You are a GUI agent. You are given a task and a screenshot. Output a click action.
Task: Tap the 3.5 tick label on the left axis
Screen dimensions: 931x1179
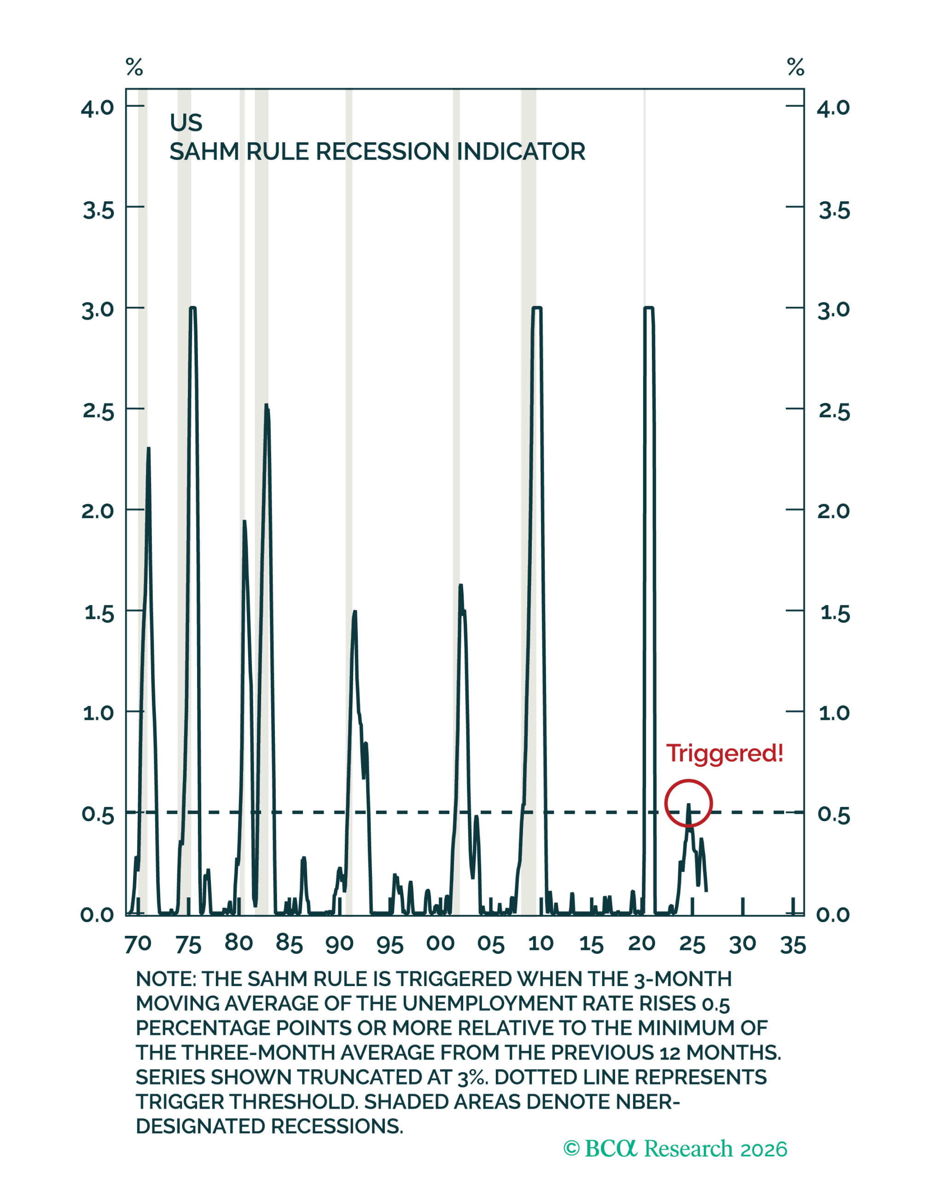click(99, 210)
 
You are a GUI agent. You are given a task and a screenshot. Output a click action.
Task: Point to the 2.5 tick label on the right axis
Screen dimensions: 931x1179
click(834, 412)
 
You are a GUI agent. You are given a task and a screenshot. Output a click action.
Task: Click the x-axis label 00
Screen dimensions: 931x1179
click(441, 944)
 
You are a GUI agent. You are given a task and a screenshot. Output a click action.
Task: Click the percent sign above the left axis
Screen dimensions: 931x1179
click(134, 67)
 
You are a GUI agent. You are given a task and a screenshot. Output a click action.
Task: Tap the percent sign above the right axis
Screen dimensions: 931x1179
click(796, 67)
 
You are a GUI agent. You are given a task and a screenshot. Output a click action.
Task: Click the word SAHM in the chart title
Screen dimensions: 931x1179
click(204, 152)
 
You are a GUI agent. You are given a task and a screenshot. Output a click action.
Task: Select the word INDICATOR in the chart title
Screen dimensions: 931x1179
click(521, 152)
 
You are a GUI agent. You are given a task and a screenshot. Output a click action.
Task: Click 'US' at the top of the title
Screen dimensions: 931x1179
click(186, 123)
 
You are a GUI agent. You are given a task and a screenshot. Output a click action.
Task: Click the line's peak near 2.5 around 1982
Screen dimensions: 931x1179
click(266, 404)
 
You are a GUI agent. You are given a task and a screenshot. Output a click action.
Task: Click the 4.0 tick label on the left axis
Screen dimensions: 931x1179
click(98, 108)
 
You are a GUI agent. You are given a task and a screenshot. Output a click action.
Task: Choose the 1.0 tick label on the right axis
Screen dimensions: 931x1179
click(834, 713)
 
